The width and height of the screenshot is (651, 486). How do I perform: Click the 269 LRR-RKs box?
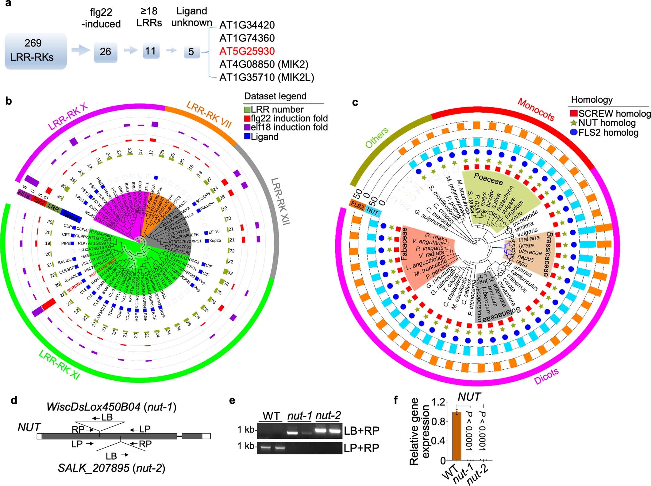(36, 51)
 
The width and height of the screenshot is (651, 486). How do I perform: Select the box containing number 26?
(105, 52)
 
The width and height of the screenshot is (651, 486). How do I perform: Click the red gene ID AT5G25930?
(247, 51)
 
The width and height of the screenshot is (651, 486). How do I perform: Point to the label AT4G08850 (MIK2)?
(264, 64)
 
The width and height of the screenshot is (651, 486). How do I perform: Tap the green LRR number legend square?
(247, 110)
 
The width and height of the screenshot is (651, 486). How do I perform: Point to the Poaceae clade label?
(488, 179)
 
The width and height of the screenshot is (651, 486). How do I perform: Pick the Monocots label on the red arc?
(536, 109)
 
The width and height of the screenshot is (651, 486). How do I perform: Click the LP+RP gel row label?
(361, 448)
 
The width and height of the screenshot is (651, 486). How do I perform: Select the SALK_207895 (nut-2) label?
(111, 468)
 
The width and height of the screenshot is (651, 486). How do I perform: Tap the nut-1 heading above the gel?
(299, 416)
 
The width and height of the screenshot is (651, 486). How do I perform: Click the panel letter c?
(355, 102)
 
